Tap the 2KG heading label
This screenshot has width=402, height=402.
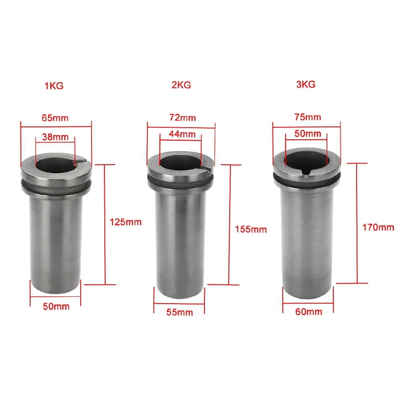(181, 85)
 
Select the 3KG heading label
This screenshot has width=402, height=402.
(306, 84)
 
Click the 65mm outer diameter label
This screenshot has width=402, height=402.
(55, 118)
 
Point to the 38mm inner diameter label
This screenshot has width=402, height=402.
(55, 137)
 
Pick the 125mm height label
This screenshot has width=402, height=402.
(126, 222)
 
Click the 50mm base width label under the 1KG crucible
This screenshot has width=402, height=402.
(56, 306)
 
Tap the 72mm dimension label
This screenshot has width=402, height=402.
(182, 117)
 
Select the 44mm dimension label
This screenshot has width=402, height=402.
(182, 134)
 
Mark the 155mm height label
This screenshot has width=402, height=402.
(251, 229)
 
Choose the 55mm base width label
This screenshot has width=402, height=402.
(180, 312)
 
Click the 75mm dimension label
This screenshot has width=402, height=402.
(308, 117)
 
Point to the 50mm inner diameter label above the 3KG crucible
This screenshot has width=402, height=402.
(308, 133)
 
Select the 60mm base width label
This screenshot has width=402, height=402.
(308, 311)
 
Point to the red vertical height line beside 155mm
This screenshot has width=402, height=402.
(229, 225)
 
